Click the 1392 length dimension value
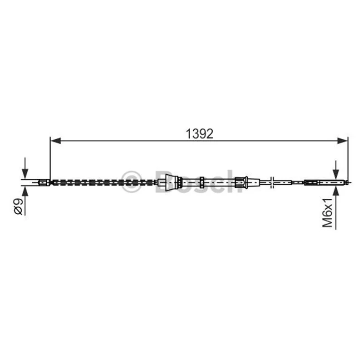[x=199, y=134]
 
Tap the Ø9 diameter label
[x=18, y=206]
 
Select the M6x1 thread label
[x=327, y=212]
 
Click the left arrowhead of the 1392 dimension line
[x=55, y=141]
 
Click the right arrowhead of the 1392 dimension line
[x=343, y=141]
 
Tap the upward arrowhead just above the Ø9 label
[x=25, y=191]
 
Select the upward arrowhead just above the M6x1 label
[x=336, y=191]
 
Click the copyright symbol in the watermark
[x=131, y=182]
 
